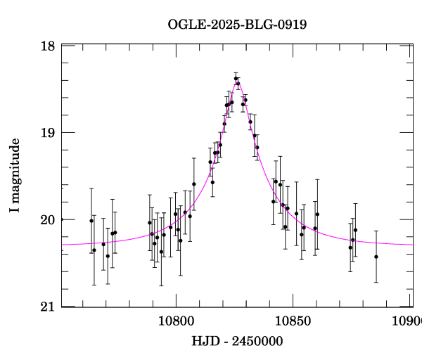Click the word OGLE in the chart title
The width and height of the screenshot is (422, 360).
click(185, 25)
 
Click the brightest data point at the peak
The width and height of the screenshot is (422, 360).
click(236, 79)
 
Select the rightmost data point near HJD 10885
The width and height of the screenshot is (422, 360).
click(376, 257)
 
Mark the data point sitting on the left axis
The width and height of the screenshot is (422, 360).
click(62, 219)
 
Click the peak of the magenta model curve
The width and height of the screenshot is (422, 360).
click(237, 83)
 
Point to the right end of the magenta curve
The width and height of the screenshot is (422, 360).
click(413, 244)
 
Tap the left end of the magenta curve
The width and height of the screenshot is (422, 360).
click(63, 244)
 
